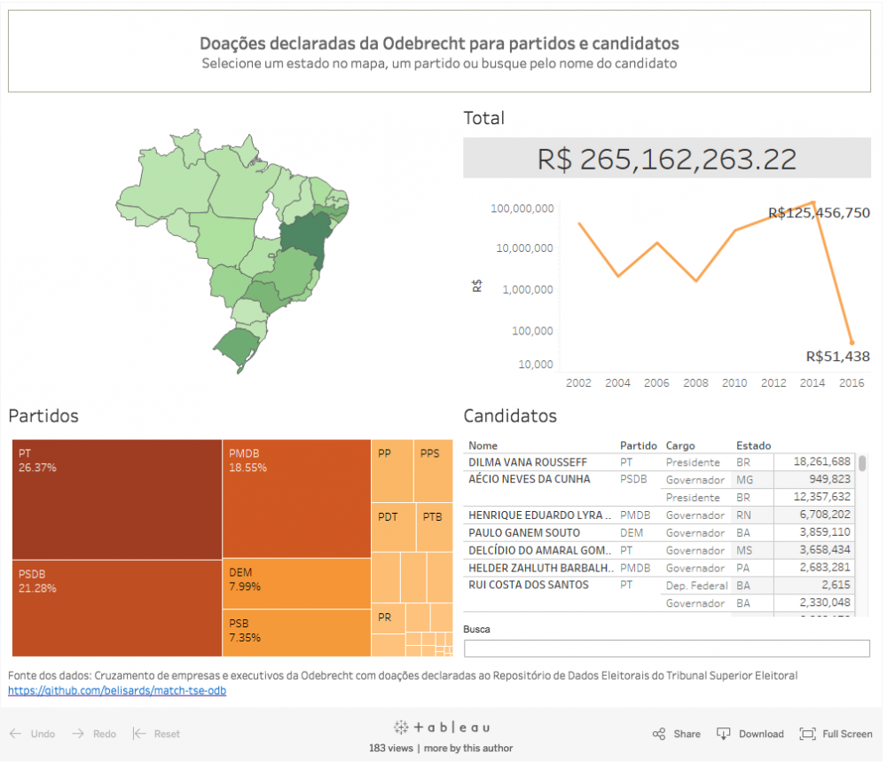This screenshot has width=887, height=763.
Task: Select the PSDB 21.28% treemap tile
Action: pyautogui.click(x=116, y=608)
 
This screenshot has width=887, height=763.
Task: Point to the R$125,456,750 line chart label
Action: pyautogui.click(x=819, y=213)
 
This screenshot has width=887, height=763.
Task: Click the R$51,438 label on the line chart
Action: pyautogui.click(x=837, y=357)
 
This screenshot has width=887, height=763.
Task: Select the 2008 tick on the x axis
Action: pyautogui.click(x=695, y=383)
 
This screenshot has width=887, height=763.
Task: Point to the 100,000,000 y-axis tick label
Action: pyautogui.click(x=522, y=208)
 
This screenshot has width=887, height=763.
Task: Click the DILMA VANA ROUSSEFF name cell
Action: pyautogui.click(x=528, y=462)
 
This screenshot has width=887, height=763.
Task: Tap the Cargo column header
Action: pyautogui.click(x=680, y=445)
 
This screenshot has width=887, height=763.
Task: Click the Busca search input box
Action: pyautogui.click(x=666, y=648)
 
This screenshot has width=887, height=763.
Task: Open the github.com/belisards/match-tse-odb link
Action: pyautogui.click(x=117, y=690)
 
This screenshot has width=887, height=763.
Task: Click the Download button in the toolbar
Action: pyautogui.click(x=750, y=734)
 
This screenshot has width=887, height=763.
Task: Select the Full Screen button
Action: pyautogui.click(x=836, y=734)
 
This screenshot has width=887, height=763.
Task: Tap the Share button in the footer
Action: pyautogui.click(x=677, y=734)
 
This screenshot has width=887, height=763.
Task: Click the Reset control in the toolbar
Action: pyautogui.click(x=157, y=734)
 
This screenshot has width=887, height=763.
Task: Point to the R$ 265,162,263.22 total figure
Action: pyautogui.click(x=667, y=159)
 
